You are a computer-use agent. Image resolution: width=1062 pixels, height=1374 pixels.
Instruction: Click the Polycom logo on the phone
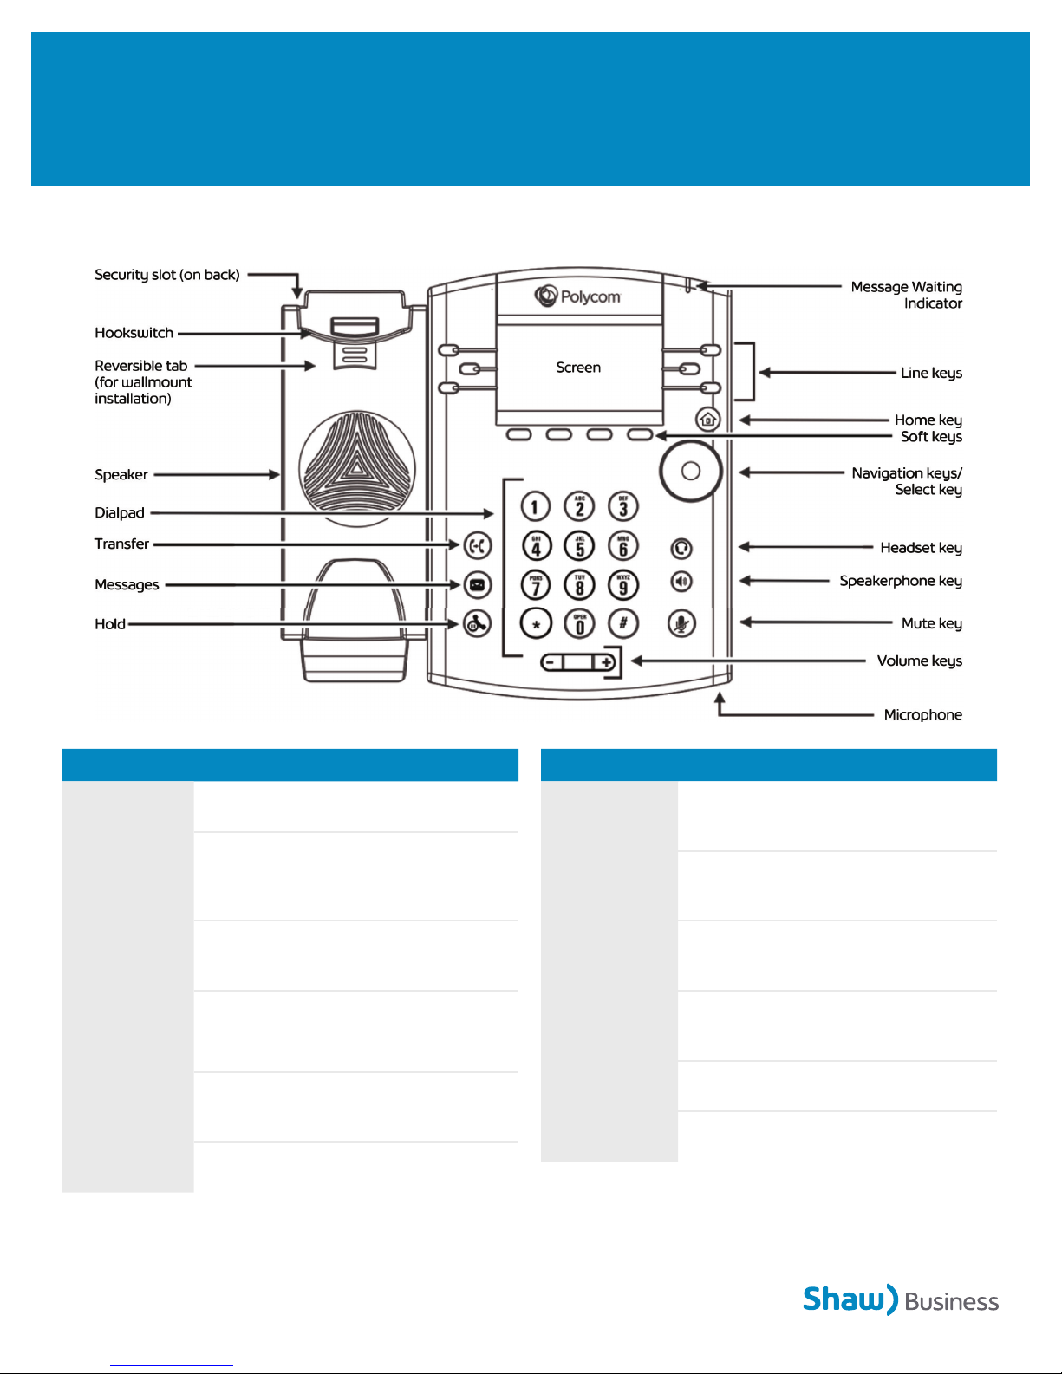[577, 296]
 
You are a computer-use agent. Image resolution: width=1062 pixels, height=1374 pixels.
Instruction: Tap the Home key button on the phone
[708, 420]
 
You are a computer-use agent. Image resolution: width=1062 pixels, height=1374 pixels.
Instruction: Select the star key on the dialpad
[536, 623]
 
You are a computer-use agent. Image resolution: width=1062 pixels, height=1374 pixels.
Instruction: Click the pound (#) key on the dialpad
[622, 623]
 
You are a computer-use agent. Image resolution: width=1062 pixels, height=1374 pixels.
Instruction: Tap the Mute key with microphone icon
[681, 623]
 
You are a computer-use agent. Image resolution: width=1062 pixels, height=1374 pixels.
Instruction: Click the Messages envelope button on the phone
[477, 585]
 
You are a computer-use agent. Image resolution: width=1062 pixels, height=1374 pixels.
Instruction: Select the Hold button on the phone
[477, 623]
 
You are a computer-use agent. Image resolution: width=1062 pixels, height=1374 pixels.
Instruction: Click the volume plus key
[606, 663]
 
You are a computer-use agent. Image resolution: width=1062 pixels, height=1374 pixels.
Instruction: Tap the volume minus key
[551, 663]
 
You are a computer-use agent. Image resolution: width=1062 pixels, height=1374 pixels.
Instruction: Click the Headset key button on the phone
[681, 548]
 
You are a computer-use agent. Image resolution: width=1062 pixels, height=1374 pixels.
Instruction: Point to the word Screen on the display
[578, 368]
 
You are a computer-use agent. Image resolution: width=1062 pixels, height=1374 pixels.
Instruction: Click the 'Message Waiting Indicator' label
[906, 295]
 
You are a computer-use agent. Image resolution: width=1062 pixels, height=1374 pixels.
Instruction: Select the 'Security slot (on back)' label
[166, 275]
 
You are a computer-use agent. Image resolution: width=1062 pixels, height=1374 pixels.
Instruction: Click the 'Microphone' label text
[922, 714]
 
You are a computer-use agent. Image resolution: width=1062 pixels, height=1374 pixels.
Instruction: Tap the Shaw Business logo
[900, 1300]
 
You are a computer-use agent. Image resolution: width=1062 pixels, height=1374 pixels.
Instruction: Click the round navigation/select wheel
[691, 471]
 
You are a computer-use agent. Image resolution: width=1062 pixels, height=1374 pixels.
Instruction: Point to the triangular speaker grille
[356, 468]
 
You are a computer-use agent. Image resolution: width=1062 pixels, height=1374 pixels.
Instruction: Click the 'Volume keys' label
[919, 661]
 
